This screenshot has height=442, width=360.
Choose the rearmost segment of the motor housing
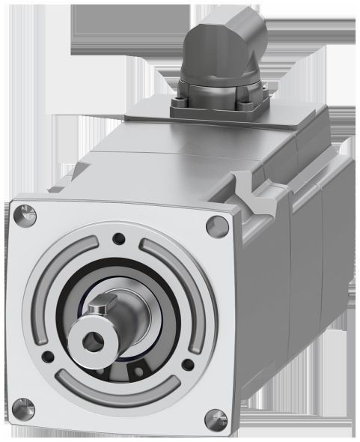[333, 247]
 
